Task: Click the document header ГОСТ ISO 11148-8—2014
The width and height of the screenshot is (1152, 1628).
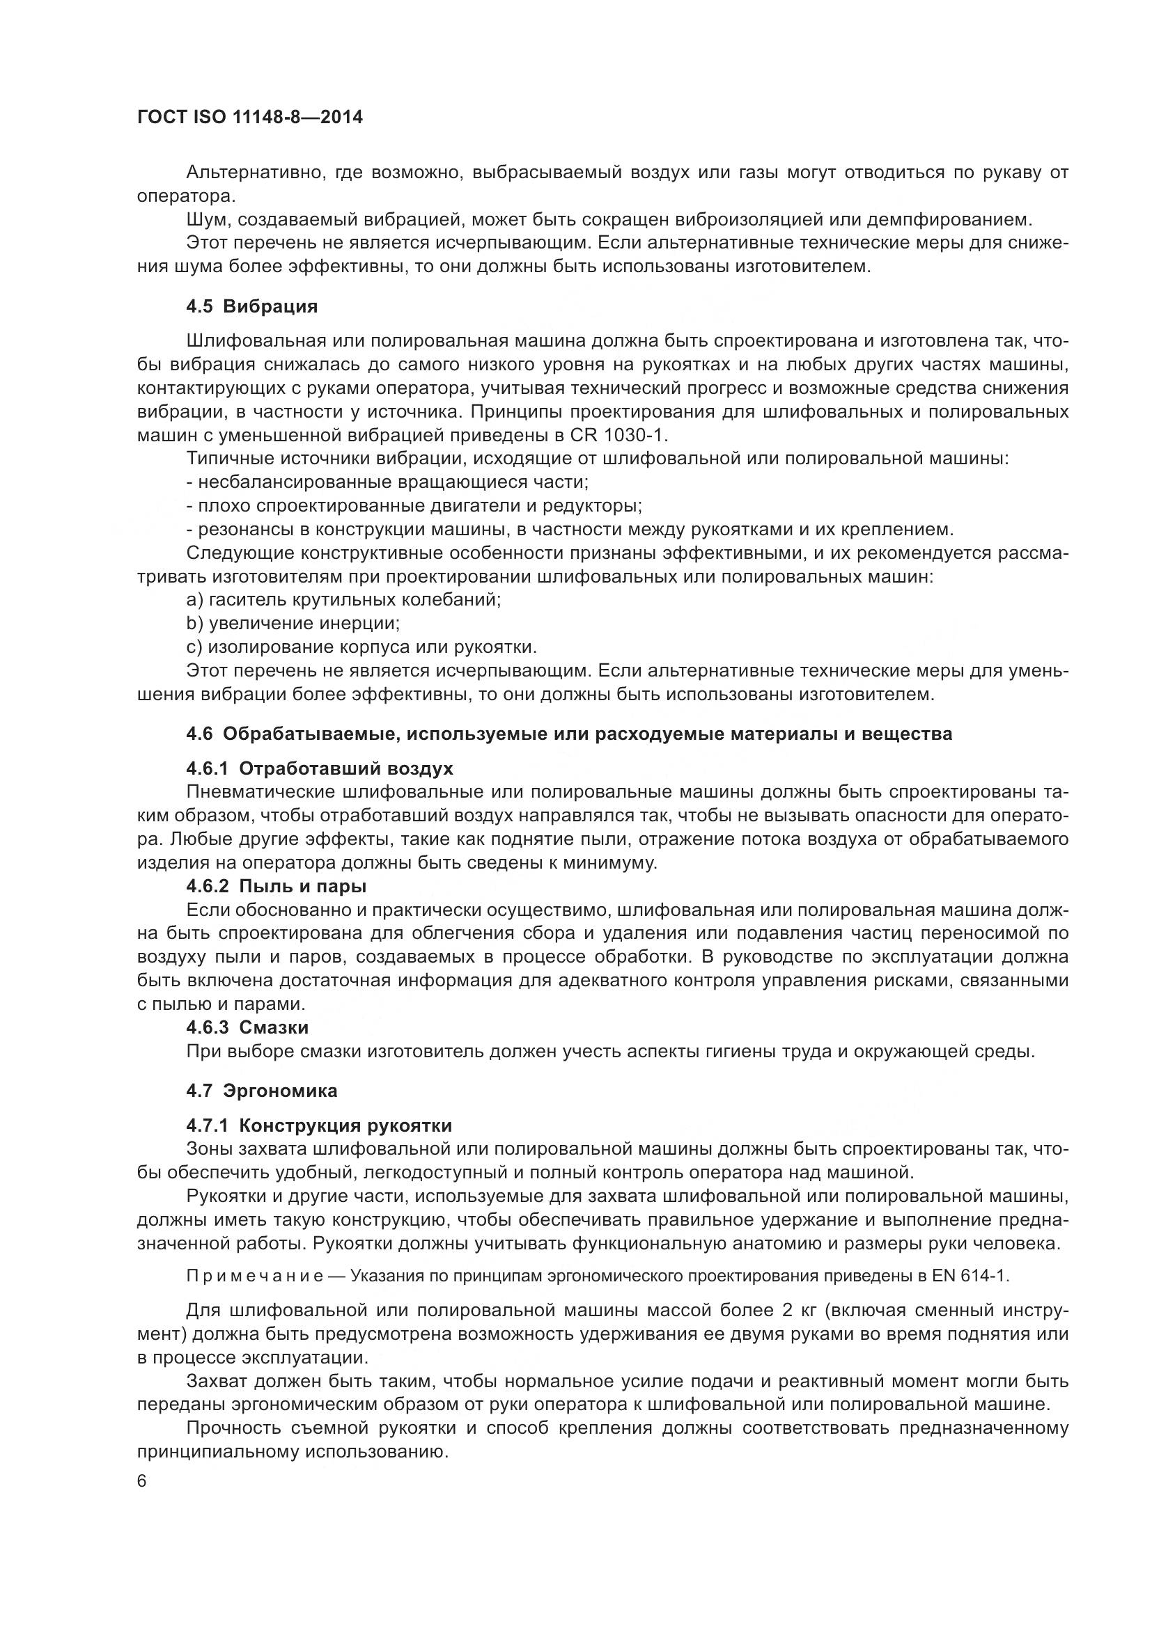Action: [250, 118]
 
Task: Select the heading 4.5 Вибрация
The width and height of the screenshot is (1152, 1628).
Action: [252, 307]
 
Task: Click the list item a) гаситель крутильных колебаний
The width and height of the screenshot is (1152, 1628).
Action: [343, 600]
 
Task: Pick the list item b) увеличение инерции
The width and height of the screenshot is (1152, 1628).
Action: [293, 623]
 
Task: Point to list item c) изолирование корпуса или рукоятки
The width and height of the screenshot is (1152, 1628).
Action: [361, 647]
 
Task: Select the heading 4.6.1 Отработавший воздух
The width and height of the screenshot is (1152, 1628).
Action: [319, 768]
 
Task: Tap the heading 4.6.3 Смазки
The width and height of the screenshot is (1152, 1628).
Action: [247, 1027]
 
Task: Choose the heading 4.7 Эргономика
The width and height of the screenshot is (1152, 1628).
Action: [262, 1091]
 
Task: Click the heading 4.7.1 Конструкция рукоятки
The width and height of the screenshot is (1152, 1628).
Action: [318, 1126]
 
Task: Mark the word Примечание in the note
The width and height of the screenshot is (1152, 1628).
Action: [256, 1277]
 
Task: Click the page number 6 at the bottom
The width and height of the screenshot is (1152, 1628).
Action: [142, 1482]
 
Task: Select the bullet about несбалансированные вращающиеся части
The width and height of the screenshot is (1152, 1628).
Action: [387, 482]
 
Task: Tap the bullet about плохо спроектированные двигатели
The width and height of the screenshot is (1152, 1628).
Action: [414, 506]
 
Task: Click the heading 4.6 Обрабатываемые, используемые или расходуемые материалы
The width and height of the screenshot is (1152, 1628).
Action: [569, 734]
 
